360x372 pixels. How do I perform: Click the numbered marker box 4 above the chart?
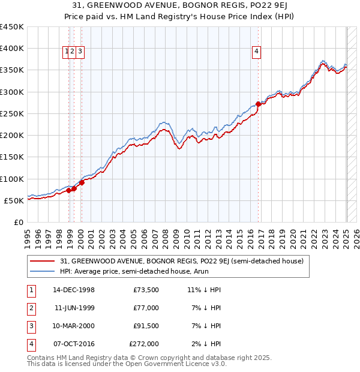pyautogui.click(x=256, y=52)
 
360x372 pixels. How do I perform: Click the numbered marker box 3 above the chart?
pyautogui.click(x=80, y=52)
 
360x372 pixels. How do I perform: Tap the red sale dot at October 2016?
pyautogui.click(x=258, y=104)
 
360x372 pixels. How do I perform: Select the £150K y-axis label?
pyautogui.click(x=12, y=157)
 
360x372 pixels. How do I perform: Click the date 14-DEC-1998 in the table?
pyautogui.click(x=73, y=290)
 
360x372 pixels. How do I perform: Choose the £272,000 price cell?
pyautogui.click(x=144, y=344)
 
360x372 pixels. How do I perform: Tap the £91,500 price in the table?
pyautogui.click(x=146, y=326)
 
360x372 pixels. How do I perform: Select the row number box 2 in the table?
pyautogui.click(x=31, y=308)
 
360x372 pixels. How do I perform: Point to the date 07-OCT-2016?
pyautogui.click(x=73, y=344)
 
